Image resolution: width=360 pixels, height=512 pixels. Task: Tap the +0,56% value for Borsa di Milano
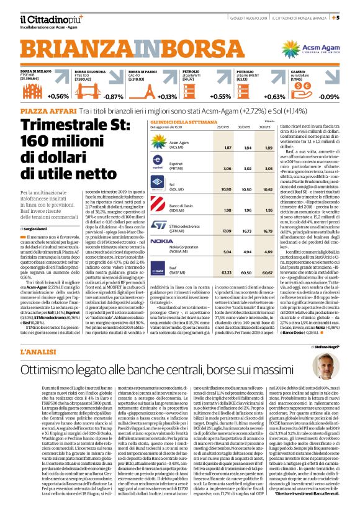[x=58, y=97]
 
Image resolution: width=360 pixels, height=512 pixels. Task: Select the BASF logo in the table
[x=160, y=271]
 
